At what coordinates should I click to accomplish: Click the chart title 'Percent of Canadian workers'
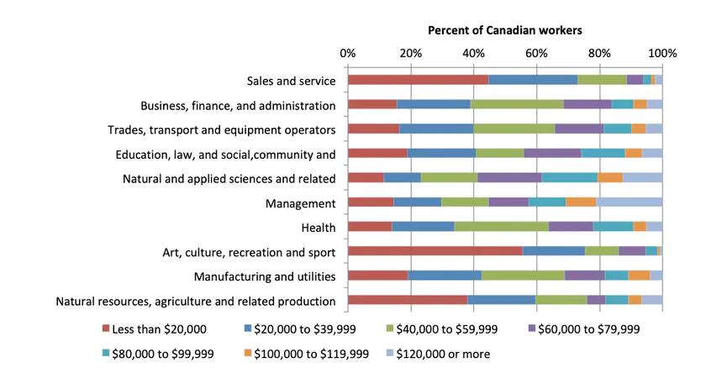point(504,30)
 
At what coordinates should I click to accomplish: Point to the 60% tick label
point(536,54)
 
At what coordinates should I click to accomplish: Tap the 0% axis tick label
point(347,54)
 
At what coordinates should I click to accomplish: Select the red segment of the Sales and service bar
point(418,80)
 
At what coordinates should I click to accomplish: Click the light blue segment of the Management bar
point(629,202)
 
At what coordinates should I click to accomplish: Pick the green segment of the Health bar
point(502,226)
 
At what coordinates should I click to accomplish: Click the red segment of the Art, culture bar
point(435,251)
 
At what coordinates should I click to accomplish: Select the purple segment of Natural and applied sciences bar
point(509,177)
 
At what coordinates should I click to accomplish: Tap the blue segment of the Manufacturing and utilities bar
point(445,276)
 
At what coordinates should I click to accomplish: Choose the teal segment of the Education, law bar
point(603,153)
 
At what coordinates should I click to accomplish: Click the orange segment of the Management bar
point(581,202)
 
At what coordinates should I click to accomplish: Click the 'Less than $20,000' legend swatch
point(107,329)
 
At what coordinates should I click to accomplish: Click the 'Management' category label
point(301,202)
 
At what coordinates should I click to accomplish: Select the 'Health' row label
point(318,227)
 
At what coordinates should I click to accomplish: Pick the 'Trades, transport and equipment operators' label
point(222,129)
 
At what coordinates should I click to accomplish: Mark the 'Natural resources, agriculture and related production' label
point(196,301)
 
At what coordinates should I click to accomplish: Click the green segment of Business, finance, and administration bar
point(517,104)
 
